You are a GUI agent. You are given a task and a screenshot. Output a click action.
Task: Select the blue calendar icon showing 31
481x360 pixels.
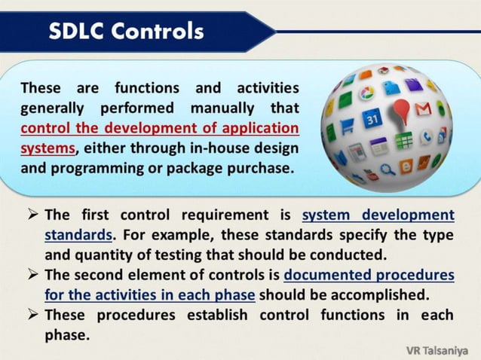(x=372, y=119)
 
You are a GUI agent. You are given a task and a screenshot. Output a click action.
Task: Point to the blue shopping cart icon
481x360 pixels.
(x=348, y=127)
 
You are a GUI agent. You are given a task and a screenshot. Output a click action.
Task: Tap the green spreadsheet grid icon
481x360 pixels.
(x=404, y=140)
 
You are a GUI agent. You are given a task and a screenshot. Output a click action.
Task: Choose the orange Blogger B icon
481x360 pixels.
(x=406, y=166)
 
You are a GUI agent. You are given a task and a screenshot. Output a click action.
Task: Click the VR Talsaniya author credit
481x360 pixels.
(x=438, y=350)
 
